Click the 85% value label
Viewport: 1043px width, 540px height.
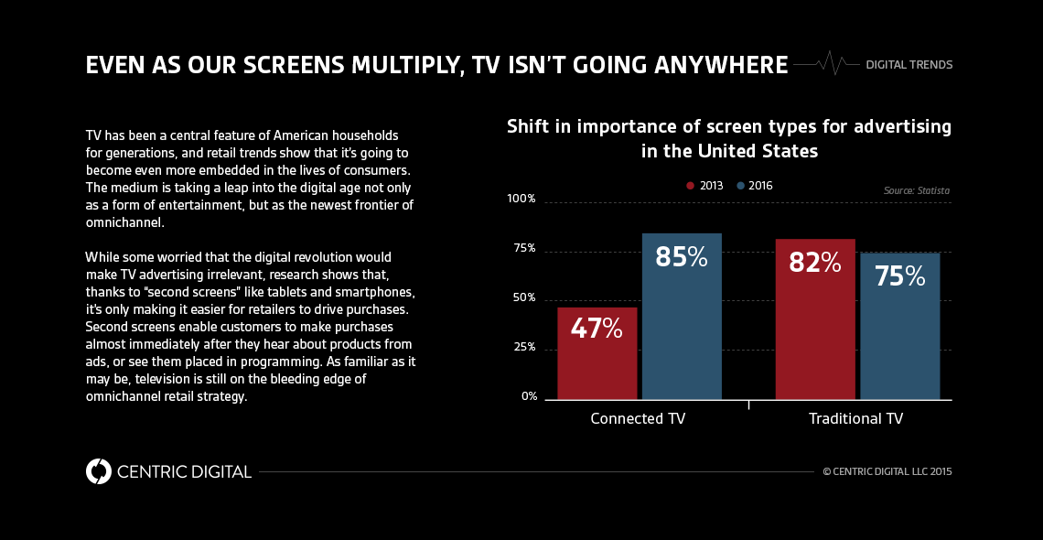(682, 257)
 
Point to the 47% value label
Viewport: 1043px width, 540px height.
(597, 329)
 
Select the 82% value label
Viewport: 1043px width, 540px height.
(814, 263)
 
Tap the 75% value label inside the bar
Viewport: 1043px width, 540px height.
(899, 275)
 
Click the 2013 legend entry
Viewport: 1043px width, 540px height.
(705, 186)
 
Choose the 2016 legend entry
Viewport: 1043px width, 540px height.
(755, 186)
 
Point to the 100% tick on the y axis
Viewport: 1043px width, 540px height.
(521, 200)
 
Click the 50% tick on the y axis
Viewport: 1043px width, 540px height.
(524, 298)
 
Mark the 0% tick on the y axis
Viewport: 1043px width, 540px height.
(529, 396)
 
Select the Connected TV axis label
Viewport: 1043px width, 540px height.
(638, 419)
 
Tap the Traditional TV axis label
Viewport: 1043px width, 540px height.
(855, 419)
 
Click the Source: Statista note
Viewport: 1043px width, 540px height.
(916, 190)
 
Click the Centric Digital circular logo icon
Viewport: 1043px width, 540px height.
(98, 471)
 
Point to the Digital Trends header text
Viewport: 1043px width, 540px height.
(909, 65)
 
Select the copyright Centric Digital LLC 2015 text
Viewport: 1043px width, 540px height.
(887, 472)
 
